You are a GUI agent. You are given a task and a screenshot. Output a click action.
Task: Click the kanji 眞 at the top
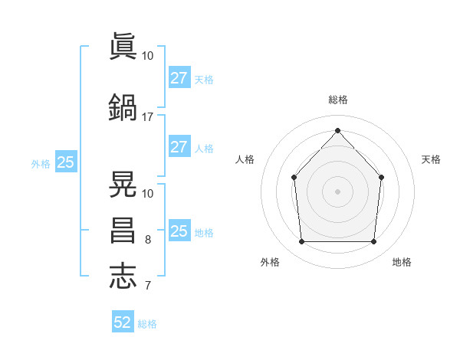(x=123, y=47)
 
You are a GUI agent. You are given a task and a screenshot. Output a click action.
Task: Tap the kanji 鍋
(x=123, y=108)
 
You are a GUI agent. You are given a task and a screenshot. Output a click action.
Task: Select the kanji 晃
(x=123, y=185)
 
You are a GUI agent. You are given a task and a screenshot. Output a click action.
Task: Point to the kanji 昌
(x=123, y=231)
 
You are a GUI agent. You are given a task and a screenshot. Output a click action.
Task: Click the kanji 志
(x=123, y=277)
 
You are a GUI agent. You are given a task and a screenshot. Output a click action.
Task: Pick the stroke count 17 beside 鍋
(x=148, y=117)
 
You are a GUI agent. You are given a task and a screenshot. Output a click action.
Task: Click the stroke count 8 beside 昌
(x=148, y=240)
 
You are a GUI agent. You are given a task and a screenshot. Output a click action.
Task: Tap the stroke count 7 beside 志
(x=148, y=286)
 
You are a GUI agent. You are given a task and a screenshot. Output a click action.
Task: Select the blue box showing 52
(x=123, y=322)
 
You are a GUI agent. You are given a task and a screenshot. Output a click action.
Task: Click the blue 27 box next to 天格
(x=179, y=78)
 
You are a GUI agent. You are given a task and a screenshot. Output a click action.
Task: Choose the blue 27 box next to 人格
(x=179, y=147)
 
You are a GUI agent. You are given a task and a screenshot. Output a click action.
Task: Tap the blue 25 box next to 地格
(x=179, y=231)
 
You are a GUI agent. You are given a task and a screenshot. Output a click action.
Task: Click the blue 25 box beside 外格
(x=66, y=162)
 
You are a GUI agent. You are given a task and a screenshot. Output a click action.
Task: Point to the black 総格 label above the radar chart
(x=337, y=100)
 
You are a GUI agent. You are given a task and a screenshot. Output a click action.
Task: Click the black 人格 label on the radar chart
(x=245, y=159)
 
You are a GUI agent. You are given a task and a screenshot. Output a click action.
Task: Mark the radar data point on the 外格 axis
(x=301, y=242)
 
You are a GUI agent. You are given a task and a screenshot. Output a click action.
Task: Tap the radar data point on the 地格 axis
(x=374, y=242)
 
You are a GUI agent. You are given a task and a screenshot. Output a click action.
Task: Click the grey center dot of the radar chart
(x=337, y=191)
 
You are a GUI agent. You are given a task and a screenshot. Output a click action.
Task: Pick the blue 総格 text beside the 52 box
(x=147, y=324)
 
